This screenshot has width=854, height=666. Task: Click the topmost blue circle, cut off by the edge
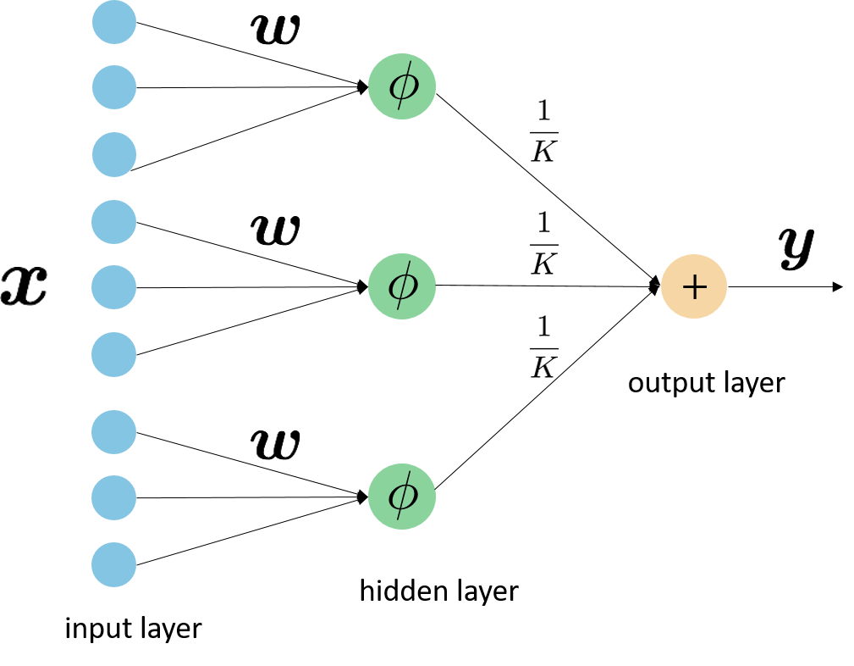[114, 20]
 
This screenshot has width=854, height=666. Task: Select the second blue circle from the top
[114, 87]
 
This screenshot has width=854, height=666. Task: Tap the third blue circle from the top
[114, 154]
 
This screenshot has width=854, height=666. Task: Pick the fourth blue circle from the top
[114, 222]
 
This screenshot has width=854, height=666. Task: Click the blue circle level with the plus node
[114, 287]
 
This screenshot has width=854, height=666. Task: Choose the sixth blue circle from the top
[114, 354]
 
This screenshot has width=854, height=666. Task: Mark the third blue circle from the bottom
[114, 432]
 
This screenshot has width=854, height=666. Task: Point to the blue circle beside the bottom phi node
[114, 497]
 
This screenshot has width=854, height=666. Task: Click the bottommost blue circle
[114, 564]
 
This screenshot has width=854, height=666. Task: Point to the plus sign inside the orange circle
[694, 287]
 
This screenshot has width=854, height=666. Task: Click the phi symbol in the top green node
[403, 86]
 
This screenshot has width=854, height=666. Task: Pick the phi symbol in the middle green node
[403, 286]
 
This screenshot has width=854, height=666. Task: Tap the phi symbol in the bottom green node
[403, 496]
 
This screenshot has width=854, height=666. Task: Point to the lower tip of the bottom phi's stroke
[397, 519]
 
